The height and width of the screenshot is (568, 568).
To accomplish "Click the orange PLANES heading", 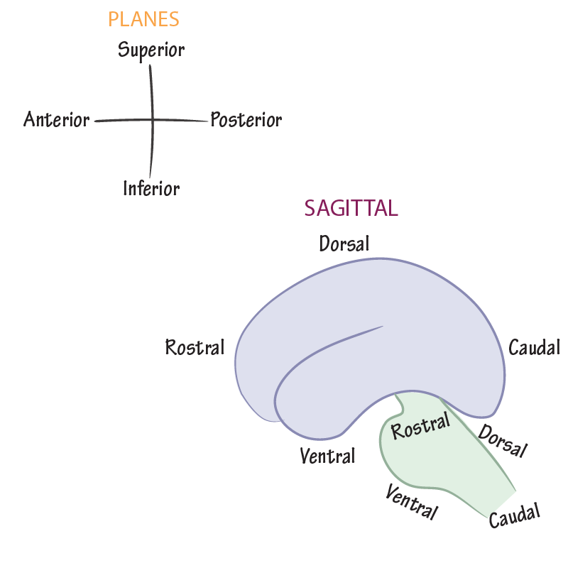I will coord(143,19).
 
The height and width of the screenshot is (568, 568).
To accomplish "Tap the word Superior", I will coord(151,50).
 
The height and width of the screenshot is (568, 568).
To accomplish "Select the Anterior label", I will coord(57,119).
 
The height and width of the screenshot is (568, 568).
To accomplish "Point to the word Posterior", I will coord(246,120).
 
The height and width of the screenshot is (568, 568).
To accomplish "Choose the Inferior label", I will coord(151,188).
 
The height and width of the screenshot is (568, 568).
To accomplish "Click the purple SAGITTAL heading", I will coord(351,208).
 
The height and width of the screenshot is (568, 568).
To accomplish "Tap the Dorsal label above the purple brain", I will coord(344,244).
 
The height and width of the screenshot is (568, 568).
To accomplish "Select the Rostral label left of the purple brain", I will coord(195,347).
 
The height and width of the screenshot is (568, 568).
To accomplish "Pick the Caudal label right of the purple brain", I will coord(534,348).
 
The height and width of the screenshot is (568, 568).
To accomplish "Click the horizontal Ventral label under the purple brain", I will coord(327,455).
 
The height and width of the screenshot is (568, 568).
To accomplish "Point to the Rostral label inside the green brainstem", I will coord(421,427).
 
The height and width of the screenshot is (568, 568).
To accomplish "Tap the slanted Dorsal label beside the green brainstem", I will coord(503,441).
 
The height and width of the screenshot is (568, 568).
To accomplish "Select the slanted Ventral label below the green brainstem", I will coord(412,502).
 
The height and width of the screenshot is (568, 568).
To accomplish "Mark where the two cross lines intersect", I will coord(151,120).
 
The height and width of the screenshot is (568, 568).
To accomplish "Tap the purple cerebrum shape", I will coord(398,298).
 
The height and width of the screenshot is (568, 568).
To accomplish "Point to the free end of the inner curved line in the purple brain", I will coord(383,327).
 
